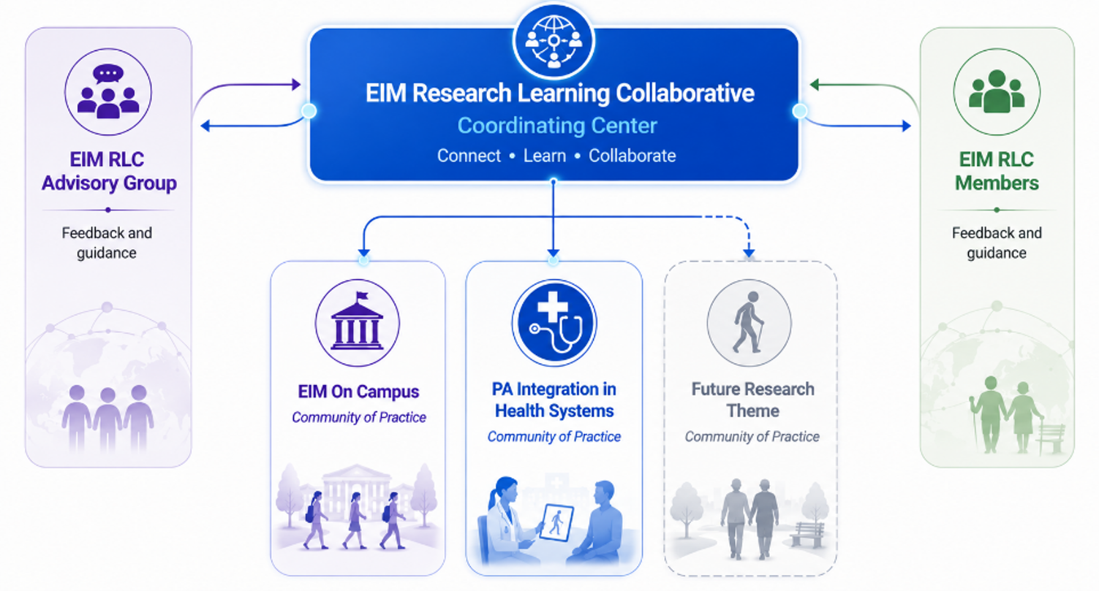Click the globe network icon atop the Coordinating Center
pyautogui.click(x=554, y=41)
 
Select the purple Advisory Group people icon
pyautogui.click(x=108, y=91)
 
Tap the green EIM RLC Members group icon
pyautogui.click(x=997, y=91)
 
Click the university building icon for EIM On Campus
pyautogui.click(x=357, y=323)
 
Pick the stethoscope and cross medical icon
pyautogui.click(x=554, y=323)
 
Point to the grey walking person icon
pyautogui.click(x=749, y=323)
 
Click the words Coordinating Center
pyautogui.click(x=557, y=126)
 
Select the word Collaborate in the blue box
pyautogui.click(x=632, y=156)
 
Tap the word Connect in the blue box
pyautogui.click(x=469, y=156)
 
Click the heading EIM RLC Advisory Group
pyautogui.click(x=108, y=171)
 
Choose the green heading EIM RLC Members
pyautogui.click(x=997, y=171)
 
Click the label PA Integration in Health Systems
pyautogui.click(x=554, y=400)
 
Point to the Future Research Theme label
pyautogui.click(x=752, y=400)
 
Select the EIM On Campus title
pyautogui.click(x=358, y=392)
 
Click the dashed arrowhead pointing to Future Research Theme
pyautogui.click(x=749, y=253)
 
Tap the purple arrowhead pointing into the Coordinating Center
pyautogui.click(x=296, y=84)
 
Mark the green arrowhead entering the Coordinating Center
pyautogui.click(x=815, y=84)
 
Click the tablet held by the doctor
pyautogui.click(x=556, y=522)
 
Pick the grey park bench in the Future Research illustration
pyautogui.click(x=807, y=534)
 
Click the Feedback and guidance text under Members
pyautogui.click(x=997, y=243)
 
